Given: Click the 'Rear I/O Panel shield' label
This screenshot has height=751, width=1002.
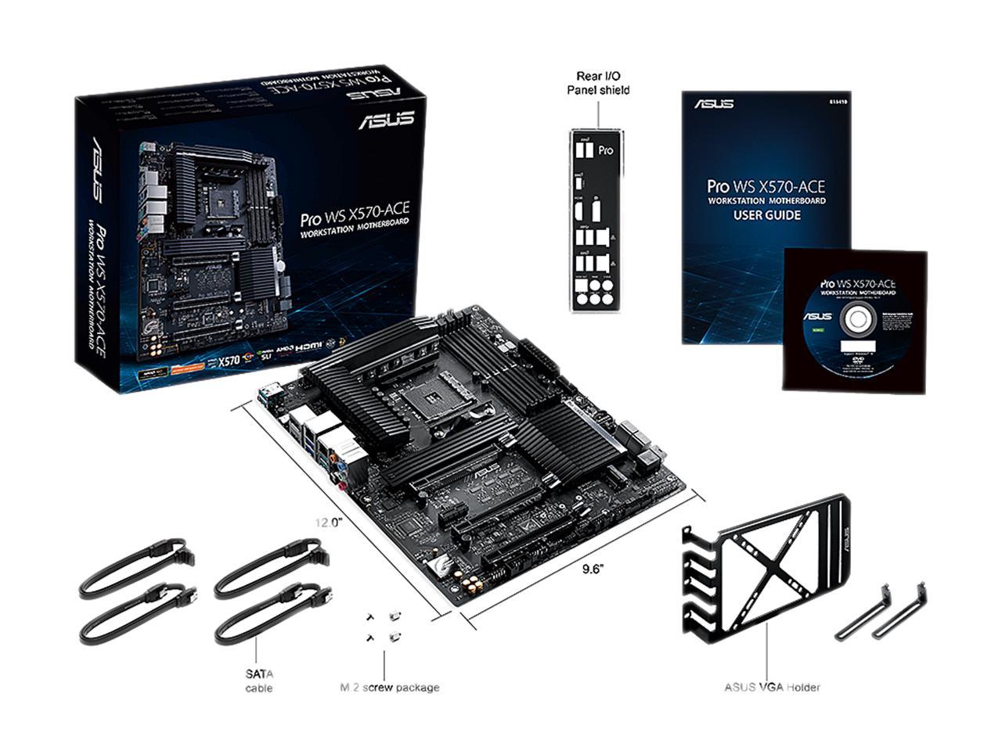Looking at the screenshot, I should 598,83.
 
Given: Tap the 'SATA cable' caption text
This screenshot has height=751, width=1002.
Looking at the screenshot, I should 258,680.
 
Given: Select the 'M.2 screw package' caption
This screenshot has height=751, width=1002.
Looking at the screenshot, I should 389,688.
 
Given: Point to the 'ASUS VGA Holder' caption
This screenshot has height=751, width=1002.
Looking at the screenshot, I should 772,688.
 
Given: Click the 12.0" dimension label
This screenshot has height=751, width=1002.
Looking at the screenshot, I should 330,522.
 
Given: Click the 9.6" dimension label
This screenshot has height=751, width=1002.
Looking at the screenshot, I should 593,569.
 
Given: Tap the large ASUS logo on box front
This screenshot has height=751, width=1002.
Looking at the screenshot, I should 386,120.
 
